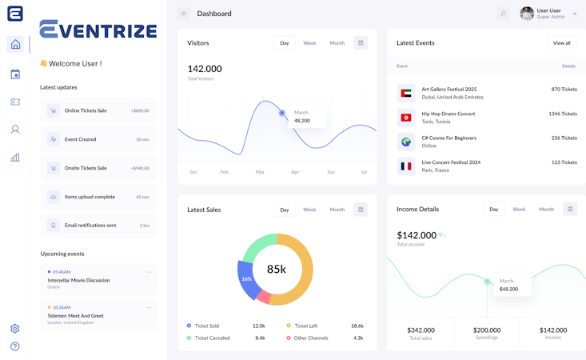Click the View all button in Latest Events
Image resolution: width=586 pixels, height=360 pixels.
[x=562, y=42]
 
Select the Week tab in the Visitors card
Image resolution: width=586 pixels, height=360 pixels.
[x=309, y=43]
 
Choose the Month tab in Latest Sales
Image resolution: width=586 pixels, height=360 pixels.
[x=337, y=210]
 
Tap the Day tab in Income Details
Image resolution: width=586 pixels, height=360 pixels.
[x=494, y=210]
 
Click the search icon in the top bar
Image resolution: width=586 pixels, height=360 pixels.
[x=503, y=14]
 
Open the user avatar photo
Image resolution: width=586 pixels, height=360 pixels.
[x=527, y=14]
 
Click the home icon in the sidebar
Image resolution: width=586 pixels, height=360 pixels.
[x=15, y=45]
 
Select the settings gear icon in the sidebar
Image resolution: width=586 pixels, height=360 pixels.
[x=15, y=329]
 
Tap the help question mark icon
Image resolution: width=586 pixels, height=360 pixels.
[x=15, y=346]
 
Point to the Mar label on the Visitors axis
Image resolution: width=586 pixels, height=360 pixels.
[x=260, y=172]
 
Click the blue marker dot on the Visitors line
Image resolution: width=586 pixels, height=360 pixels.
[x=282, y=113]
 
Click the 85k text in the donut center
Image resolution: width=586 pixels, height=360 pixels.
[x=277, y=270]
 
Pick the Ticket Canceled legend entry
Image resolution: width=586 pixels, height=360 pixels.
[x=212, y=338]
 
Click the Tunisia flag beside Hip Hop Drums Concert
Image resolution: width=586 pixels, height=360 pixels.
[x=406, y=118]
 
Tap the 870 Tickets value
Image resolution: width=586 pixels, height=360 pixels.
[x=564, y=90]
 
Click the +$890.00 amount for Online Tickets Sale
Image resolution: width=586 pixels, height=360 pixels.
[x=140, y=110]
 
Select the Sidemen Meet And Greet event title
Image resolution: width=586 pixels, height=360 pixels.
[x=75, y=316]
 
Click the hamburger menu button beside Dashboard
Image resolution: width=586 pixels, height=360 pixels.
[x=184, y=14]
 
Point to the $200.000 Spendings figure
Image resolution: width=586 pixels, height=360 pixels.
[x=487, y=330]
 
